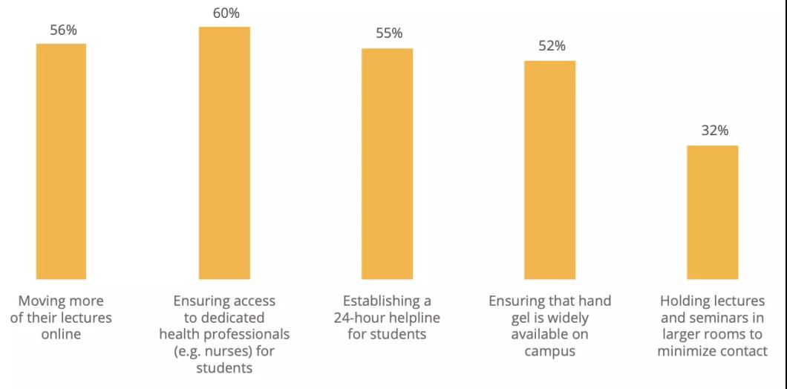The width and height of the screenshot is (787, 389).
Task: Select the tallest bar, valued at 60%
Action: tap(224, 153)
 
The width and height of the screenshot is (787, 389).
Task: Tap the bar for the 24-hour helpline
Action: tap(387, 163)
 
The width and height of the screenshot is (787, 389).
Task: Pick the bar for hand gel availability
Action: tap(549, 169)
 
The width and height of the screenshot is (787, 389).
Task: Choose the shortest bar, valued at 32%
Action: tap(712, 212)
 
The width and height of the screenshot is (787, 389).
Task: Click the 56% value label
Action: tap(63, 30)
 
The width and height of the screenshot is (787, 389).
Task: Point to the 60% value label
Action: tap(226, 13)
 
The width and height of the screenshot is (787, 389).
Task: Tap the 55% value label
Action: tap(388, 33)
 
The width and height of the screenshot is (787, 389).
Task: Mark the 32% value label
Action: tap(714, 131)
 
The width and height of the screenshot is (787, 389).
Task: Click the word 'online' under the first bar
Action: tap(61, 334)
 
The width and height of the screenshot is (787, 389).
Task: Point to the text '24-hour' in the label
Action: tap(361, 318)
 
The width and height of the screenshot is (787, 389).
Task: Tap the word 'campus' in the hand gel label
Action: tap(549, 351)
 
